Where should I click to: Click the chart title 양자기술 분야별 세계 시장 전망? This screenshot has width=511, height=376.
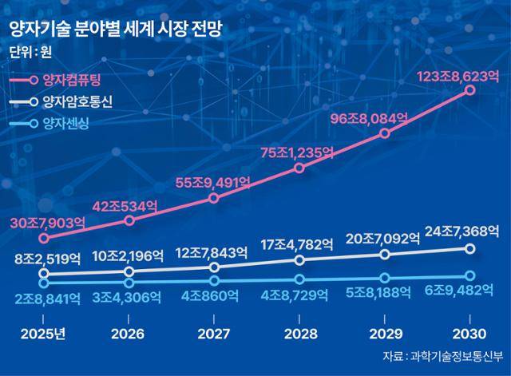(115, 30)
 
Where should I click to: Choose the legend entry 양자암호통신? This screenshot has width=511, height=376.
(79, 101)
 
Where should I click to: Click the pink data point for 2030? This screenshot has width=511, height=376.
(470, 91)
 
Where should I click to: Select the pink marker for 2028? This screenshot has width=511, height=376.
(299, 168)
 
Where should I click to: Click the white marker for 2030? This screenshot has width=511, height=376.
(470, 249)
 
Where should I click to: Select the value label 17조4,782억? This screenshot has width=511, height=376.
(295, 245)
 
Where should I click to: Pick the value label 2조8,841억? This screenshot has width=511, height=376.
(47, 298)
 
